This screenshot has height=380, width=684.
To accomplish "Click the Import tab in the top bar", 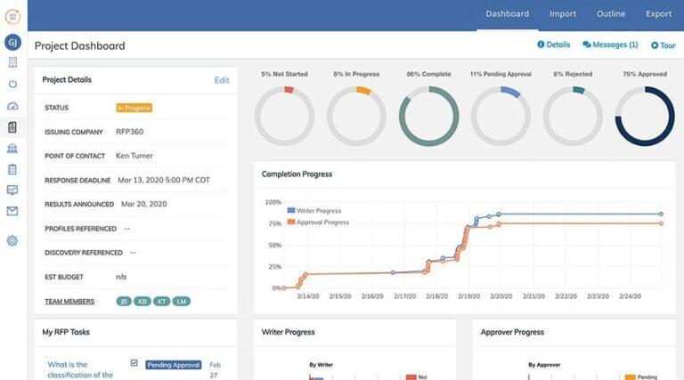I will [x=563, y=14].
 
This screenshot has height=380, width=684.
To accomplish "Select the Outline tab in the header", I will [x=611, y=14].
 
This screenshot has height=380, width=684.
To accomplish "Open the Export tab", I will [x=659, y=14].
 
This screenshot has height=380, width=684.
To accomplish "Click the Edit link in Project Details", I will [x=222, y=80].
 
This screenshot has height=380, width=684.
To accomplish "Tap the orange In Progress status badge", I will [x=134, y=108].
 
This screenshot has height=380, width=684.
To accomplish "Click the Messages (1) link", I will [x=610, y=44].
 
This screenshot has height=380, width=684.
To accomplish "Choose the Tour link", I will [x=664, y=45].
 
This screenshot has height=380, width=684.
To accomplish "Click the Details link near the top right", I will [x=553, y=44].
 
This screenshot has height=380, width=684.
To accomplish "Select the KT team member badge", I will [x=162, y=302].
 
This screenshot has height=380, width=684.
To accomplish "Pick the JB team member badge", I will [x=124, y=302].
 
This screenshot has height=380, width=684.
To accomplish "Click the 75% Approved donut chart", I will [x=645, y=116].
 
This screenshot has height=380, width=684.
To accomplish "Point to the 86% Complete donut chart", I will [x=428, y=116].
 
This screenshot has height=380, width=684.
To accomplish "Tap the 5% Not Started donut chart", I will [x=284, y=116].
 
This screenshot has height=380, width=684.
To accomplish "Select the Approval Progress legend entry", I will [x=320, y=222].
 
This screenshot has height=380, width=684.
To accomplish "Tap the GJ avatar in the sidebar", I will [x=12, y=42].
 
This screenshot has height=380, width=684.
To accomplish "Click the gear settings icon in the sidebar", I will [x=12, y=240].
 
